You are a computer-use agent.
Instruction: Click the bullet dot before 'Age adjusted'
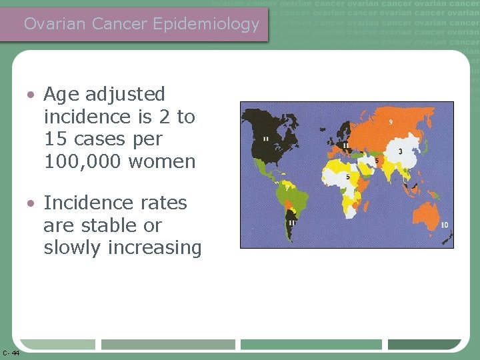coord(31,95)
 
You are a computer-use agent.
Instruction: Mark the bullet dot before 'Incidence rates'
coord(31,203)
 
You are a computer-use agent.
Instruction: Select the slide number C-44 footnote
coord(11,353)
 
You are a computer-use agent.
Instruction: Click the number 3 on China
coord(400,152)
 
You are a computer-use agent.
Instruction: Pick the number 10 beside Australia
coord(444,225)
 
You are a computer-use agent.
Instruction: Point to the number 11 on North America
coord(266,139)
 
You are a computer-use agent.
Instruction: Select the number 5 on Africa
coord(348,177)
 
